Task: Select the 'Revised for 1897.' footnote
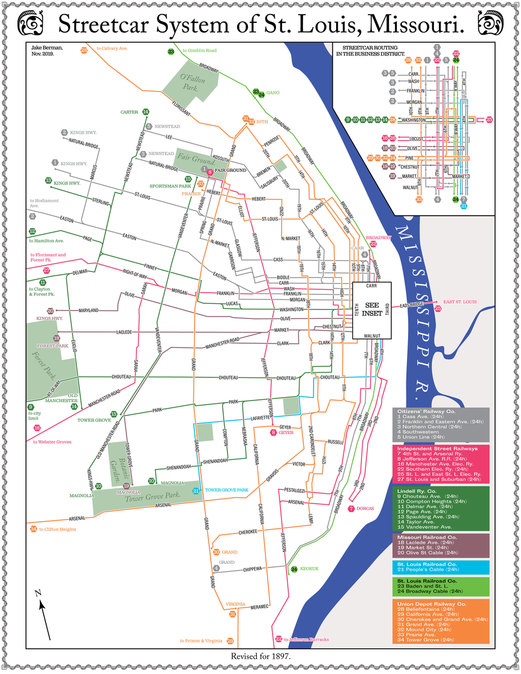(x=260, y=655)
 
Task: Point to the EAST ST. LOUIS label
(x=460, y=302)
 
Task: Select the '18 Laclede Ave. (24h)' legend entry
(x=427, y=543)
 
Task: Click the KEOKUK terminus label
(x=309, y=569)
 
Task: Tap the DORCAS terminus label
(x=365, y=509)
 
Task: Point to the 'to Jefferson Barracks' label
(x=306, y=640)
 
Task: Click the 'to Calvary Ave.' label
(x=112, y=49)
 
